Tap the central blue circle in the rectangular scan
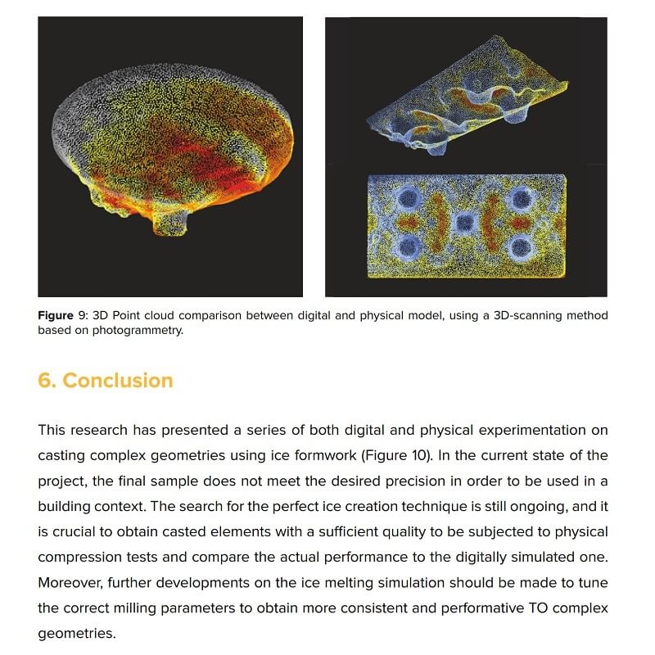click(x=464, y=221)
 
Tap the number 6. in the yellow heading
click(x=47, y=381)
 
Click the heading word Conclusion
click(x=118, y=381)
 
